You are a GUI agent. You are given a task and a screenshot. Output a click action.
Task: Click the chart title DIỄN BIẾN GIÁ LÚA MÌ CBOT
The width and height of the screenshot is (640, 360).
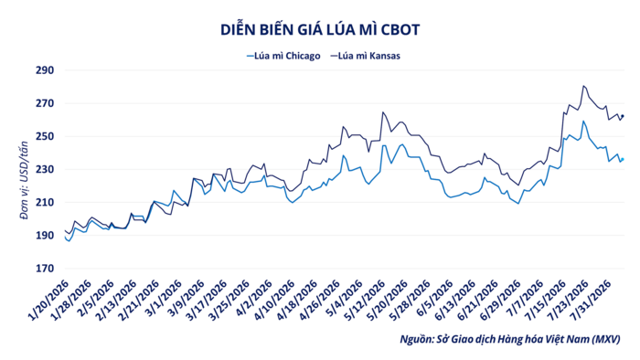pyautogui.click(x=320, y=30)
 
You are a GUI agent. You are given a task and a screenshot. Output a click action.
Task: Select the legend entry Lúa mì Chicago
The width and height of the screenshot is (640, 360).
pyautogui.click(x=283, y=56)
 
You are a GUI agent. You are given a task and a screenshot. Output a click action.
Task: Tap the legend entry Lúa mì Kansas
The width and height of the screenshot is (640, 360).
pyautogui.click(x=366, y=56)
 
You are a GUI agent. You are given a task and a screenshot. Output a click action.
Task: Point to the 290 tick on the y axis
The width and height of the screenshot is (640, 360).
pyautogui.click(x=45, y=70)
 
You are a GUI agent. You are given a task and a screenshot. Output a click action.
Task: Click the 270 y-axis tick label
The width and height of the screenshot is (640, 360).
pyautogui.click(x=45, y=103)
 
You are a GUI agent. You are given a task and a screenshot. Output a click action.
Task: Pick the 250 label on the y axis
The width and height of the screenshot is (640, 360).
pyautogui.click(x=45, y=136)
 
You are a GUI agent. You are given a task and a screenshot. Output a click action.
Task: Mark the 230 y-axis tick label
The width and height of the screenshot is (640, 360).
pyautogui.click(x=45, y=170)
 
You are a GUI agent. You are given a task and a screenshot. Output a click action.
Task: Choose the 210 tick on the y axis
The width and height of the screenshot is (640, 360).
pyautogui.click(x=45, y=203)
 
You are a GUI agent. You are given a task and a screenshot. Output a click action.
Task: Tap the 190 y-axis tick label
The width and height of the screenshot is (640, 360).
pyautogui.click(x=45, y=236)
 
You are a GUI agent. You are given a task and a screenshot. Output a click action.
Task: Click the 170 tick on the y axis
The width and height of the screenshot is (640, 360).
pyautogui.click(x=45, y=269)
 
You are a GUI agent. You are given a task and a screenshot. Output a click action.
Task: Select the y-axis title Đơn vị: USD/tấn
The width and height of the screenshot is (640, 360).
pyautogui.click(x=24, y=181)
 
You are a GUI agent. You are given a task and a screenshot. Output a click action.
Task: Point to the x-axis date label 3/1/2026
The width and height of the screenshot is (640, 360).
pyautogui.click(x=163, y=299)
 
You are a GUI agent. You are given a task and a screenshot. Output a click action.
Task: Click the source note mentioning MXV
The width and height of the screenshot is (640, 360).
pyautogui.click(x=510, y=339)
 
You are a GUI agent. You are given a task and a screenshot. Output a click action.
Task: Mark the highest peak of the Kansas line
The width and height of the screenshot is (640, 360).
pyautogui.click(x=583, y=86)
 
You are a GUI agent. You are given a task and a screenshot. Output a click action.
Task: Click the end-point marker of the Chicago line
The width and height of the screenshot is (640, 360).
pyautogui.click(x=623, y=159)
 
